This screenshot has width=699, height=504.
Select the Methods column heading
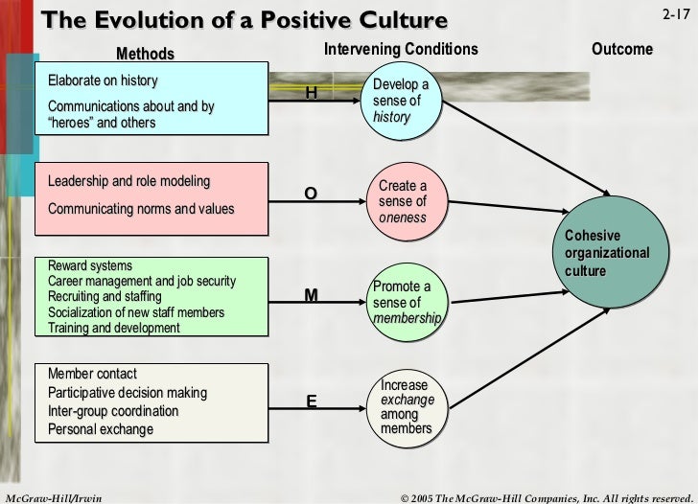click(x=145, y=54)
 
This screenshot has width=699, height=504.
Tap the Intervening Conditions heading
click(x=401, y=49)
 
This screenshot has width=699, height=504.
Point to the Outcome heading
click(x=621, y=49)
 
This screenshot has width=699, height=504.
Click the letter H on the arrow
click(x=310, y=93)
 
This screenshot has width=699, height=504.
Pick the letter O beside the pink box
click(x=310, y=194)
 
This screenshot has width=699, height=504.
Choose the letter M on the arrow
click(x=311, y=296)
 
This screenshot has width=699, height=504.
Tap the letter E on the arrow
click(x=311, y=401)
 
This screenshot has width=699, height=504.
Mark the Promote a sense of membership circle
click(x=407, y=303)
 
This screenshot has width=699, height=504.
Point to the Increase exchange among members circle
click(x=407, y=406)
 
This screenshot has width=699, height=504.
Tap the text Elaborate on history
click(x=103, y=80)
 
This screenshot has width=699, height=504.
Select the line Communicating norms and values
click(x=140, y=209)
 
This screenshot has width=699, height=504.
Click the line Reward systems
click(x=90, y=265)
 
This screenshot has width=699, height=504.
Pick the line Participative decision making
click(x=128, y=393)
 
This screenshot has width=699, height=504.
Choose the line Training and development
click(x=113, y=328)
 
